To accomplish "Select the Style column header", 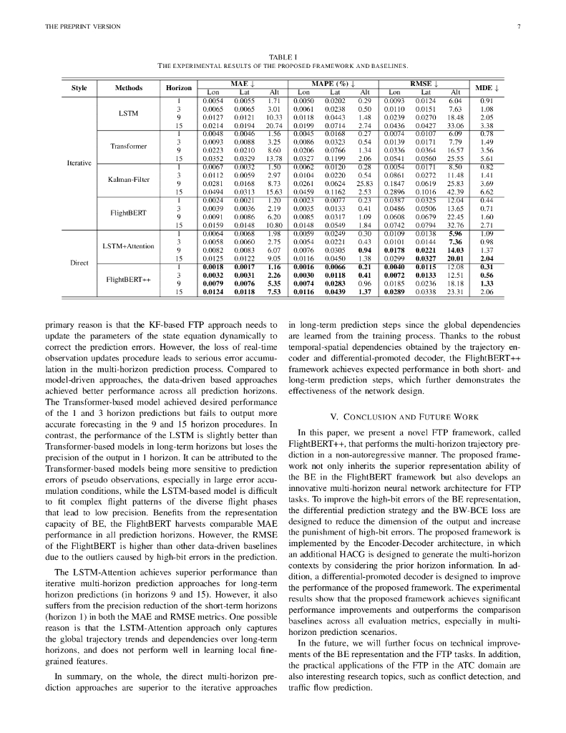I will [x=79, y=88].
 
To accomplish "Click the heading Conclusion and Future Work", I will [x=404, y=417].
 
